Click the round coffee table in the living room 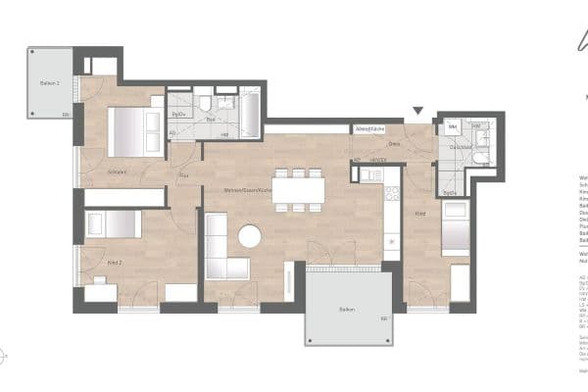pos(250,236)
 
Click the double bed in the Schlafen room pos(134,132)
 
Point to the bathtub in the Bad pos(250,116)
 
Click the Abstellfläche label pos(367,128)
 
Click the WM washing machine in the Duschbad pos(452,127)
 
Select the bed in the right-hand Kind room pos(455,235)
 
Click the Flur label pos(181,177)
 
